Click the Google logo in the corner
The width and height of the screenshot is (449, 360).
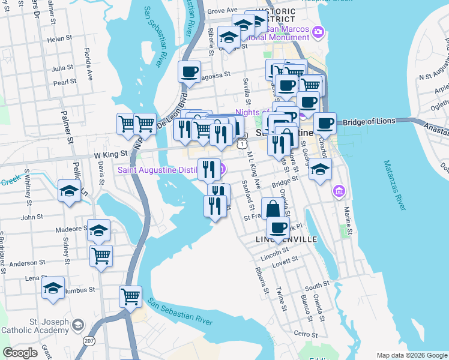(20, 353)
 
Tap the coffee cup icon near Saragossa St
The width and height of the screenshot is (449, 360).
(190, 72)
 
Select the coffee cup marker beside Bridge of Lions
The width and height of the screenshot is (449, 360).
(325, 124)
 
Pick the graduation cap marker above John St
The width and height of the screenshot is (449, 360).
(70, 191)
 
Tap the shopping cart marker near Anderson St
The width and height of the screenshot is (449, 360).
(101, 256)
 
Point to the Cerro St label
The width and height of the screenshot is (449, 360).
(305, 334)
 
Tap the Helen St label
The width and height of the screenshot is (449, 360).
(59, 38)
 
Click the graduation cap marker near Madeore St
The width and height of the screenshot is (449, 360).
(98, 230)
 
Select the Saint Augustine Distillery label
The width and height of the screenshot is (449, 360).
(157, 170)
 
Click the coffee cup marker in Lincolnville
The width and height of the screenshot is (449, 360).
(279, 227)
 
